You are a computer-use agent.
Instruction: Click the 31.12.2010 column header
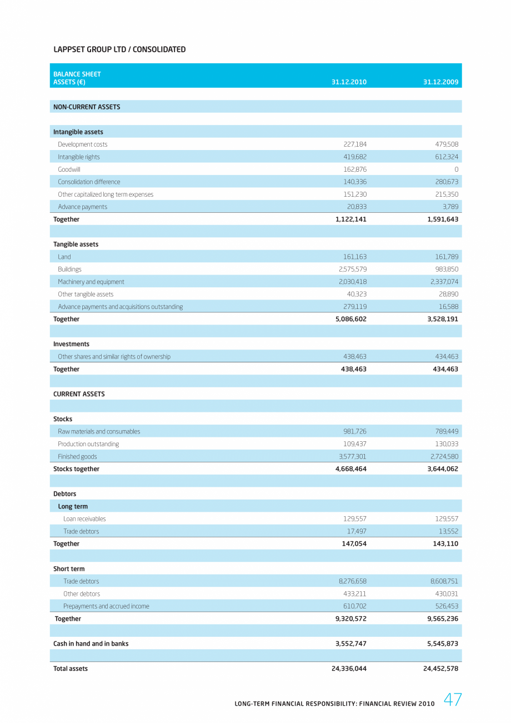[x=349, y=82]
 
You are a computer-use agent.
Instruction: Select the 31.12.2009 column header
[x=440, y=82]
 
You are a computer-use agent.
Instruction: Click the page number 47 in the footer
[x=453, y=700]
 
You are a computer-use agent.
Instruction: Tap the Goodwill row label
[x=69, y=169]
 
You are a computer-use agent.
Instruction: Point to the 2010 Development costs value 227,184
[x=355, y=144]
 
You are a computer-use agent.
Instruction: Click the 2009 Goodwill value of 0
[x=456, y=169]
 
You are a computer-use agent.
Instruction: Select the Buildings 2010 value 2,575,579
[x=352, y=270]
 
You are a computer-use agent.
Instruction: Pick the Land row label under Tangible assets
[x=64, y=257]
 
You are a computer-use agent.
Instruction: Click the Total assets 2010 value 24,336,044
[x=349, y=669]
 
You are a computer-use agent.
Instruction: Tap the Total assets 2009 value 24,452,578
[x=440, y=669]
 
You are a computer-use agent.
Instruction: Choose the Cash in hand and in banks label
[x=91, y=644]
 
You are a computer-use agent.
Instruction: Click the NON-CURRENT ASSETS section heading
[x=87, y=107]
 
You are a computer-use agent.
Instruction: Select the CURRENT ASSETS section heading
[x=79, y=394]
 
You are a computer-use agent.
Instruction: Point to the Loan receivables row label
[x=84, y=519]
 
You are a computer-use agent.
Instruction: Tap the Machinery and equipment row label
[x=91, y=282]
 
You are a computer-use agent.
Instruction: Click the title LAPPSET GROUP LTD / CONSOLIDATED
[x=119, y=49]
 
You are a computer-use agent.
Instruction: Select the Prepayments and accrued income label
[x=106, y=606]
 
